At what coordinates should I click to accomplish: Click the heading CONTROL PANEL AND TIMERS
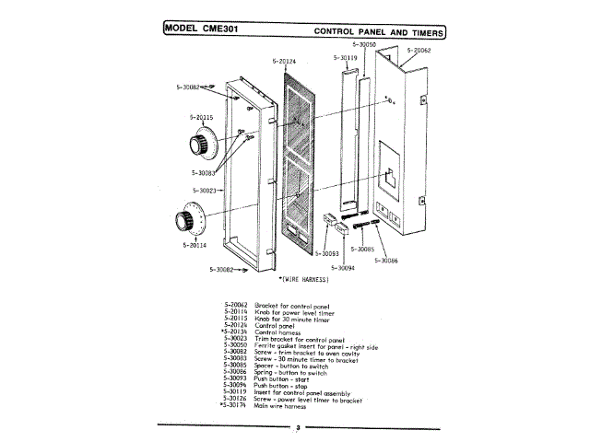pyautogui.click(x=379, y=31)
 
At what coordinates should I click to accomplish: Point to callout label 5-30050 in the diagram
pyautogui.click(x=364, y=44)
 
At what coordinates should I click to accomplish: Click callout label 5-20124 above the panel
pyautogui.click(x=285, y=62)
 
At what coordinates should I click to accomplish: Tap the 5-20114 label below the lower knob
pyautogui.click(x=195, y=246)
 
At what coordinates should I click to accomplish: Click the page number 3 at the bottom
pyautogui.click(x=297, y=427)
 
